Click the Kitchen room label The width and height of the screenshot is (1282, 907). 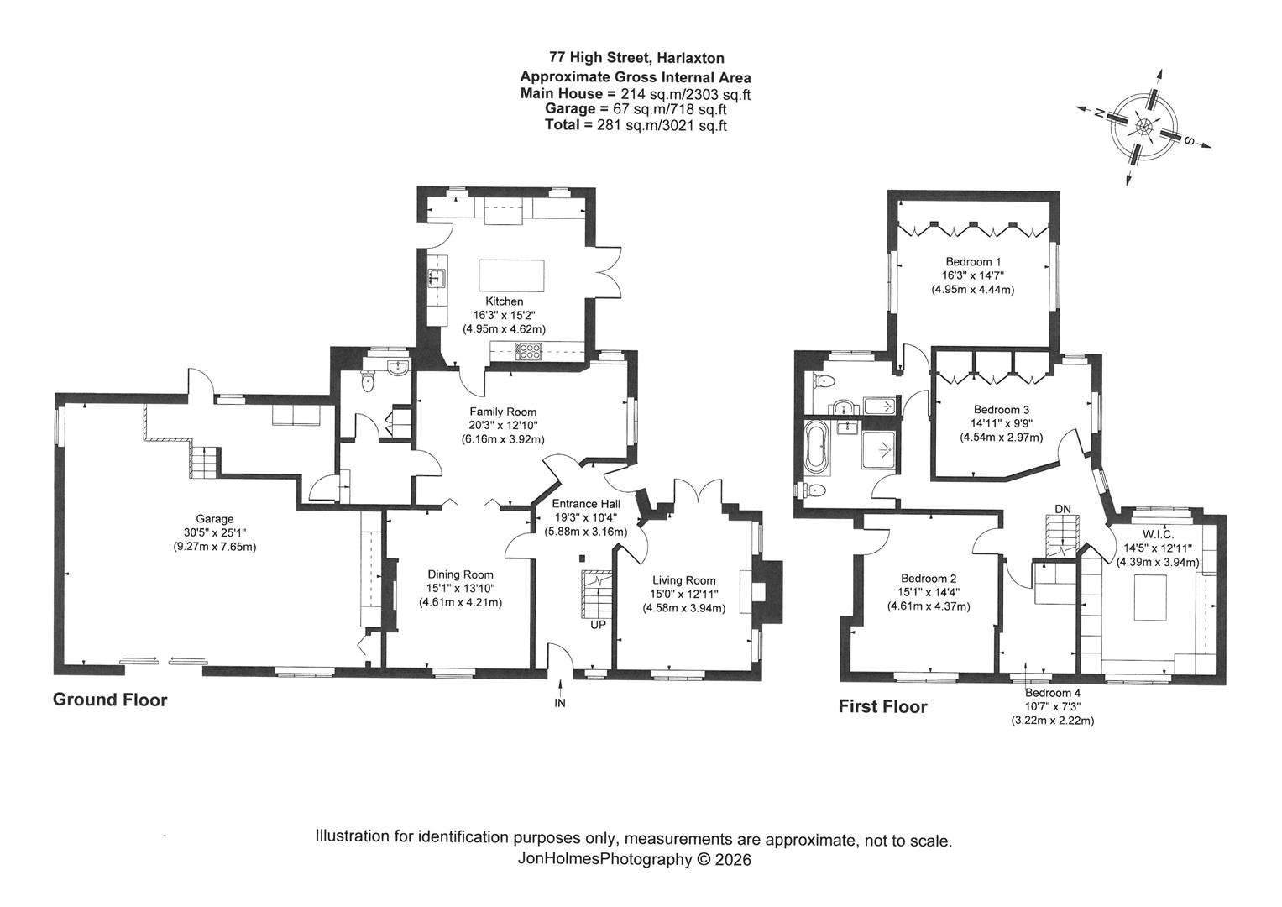505,301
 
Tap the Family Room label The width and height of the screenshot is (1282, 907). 503,412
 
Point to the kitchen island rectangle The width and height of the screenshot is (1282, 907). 511,276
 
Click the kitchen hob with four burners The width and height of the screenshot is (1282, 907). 529,351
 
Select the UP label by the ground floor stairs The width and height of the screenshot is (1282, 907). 598,625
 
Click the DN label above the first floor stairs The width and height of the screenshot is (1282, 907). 1063,509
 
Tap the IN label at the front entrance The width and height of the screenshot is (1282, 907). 560,703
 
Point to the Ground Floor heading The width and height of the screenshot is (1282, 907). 110,700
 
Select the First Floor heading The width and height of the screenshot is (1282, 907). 882,706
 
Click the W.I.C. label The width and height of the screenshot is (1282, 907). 1157,534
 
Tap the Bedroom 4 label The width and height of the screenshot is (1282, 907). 1053,694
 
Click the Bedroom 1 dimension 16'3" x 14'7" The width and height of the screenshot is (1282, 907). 972,275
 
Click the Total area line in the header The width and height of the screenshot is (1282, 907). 636,125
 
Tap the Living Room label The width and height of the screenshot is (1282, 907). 684,580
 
